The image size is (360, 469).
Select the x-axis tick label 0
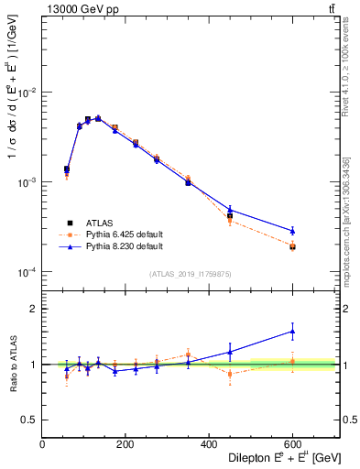click(x=42, y=444)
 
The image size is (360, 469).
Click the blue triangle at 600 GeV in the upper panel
click(x=292, y=231)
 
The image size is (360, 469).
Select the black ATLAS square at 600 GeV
click(x=292, y=247)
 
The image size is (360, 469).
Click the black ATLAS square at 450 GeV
click(x=230, y=216)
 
